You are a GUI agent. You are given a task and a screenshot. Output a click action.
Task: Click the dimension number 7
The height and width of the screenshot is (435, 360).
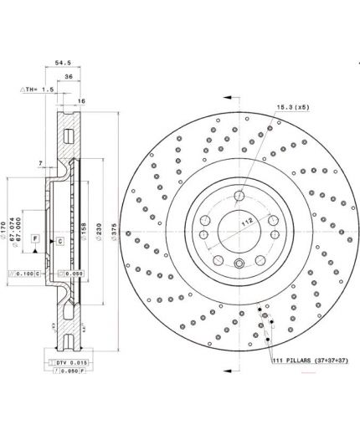click(x=39, y=165)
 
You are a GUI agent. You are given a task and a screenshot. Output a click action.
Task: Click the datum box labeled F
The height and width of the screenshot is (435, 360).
click(x=36, y=239)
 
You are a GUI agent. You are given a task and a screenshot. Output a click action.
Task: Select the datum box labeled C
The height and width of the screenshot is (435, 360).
click(x=61, y=241)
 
